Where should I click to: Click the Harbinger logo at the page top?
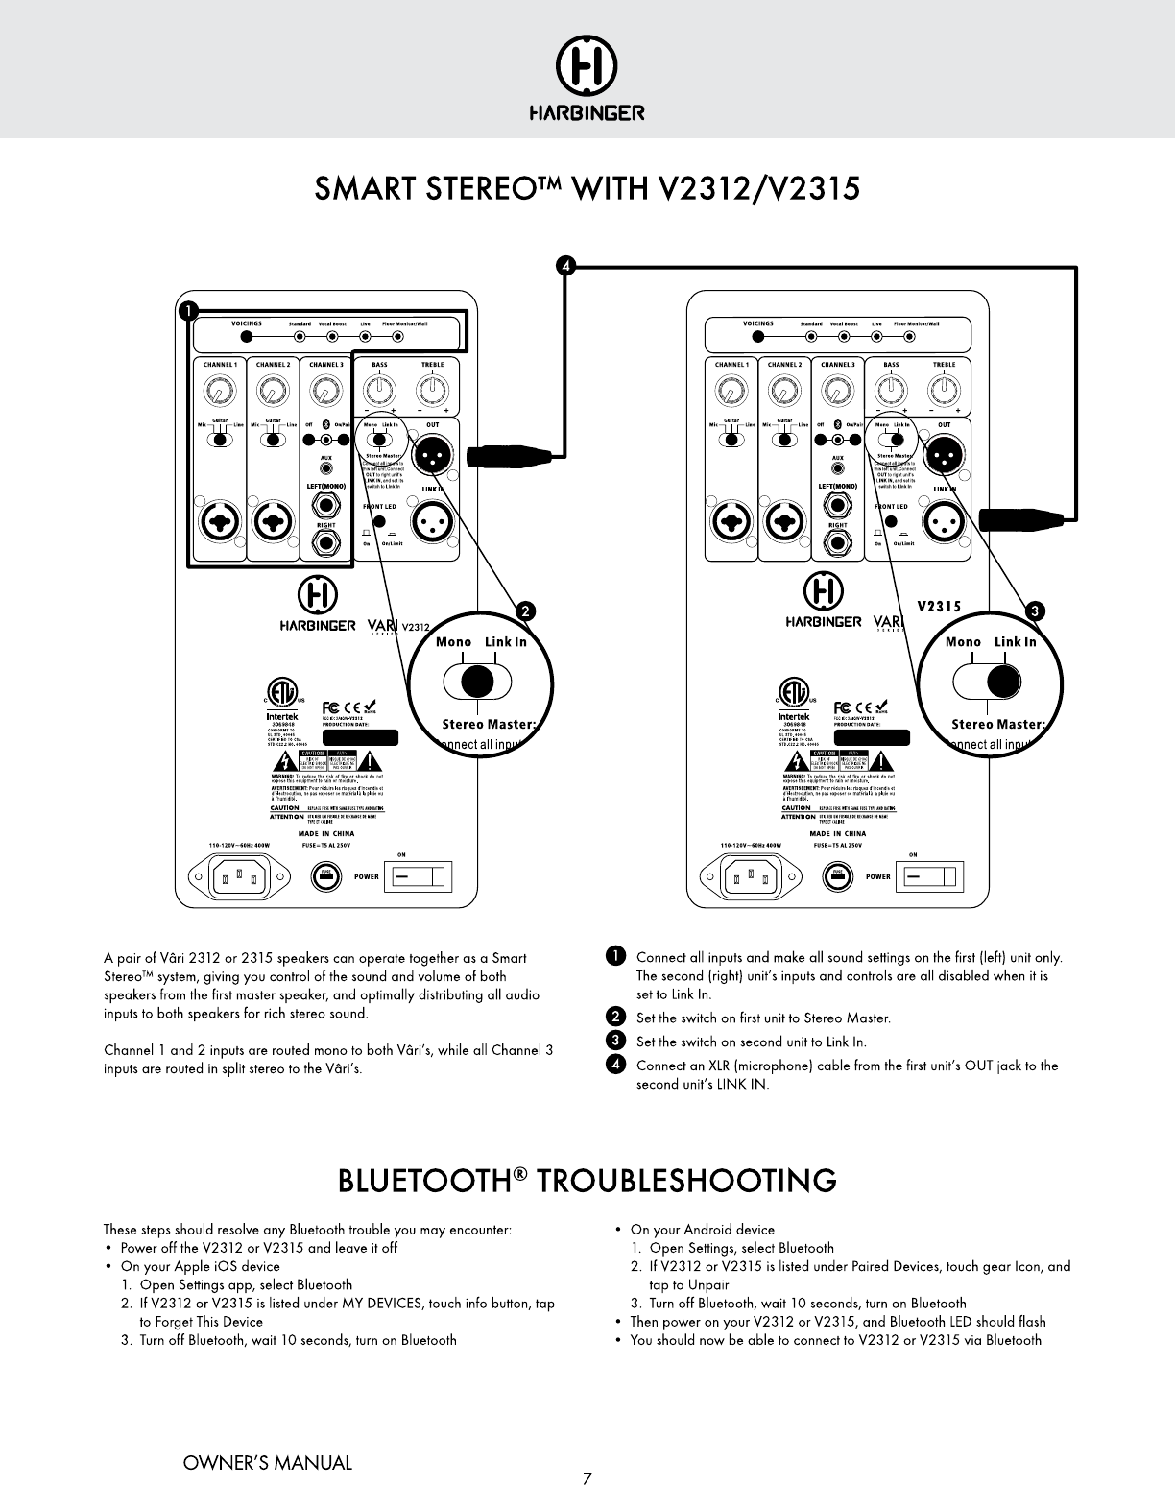(x=587, y=84)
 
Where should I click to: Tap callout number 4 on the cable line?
(x=566, y=266)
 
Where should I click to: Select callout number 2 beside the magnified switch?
(x=524, y=611)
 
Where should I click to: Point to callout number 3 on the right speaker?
(x=1034, y=611)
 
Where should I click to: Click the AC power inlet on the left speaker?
(x=240, y=876)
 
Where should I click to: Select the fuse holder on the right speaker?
(x=837, y=876)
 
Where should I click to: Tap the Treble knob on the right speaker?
(x=944, y=391)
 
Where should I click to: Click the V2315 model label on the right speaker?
(x=940, y=606)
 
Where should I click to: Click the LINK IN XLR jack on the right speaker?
(x=944, y=523)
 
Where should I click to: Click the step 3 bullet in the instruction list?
(x=616, y=1042)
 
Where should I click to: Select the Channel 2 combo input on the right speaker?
(x=784, y=523)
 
